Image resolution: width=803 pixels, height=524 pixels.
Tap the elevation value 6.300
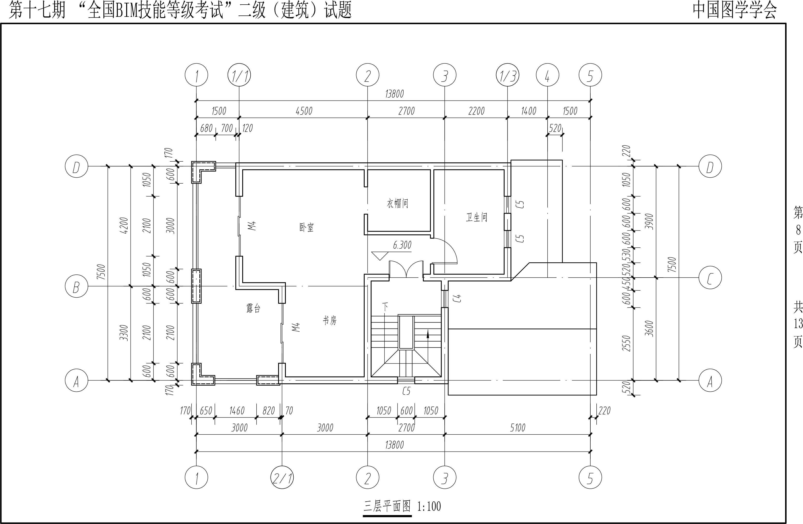pyautogui.click(x=402, y=245)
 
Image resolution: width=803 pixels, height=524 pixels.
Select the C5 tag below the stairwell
pyautogui.click(x=406, y=391)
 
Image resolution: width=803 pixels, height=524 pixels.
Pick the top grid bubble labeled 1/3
pyautogui.click(x=507, y=75)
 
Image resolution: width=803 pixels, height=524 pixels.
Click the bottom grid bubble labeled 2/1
pyautogui.click(x=282, y=478)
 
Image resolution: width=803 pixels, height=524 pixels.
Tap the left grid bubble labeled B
pyautogui.click(x=76, y=287)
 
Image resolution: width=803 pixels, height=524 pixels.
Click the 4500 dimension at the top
pyautogui.click(x=304, y=111)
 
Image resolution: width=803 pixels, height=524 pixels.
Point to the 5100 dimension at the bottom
pyautogui.click(x=518, y=428)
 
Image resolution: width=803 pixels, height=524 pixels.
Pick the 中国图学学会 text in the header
pyautogui.click(x=735, y=10)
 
